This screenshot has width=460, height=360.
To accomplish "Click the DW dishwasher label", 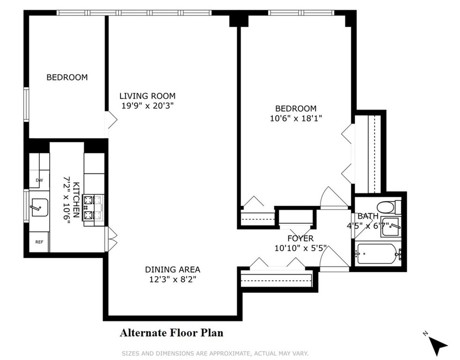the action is click(39, 180).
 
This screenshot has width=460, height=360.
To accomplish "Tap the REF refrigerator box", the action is click(39, 242).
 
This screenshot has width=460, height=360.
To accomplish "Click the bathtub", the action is click(377, 254).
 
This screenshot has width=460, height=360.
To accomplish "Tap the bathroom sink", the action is click(391, 227).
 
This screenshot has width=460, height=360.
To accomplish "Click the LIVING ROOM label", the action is click(147, 96).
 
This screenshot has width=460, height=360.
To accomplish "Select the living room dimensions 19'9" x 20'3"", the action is click(148, 106).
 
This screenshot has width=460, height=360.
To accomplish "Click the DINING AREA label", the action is click(172, 269).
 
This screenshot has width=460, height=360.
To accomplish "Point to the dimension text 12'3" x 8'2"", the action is click(172, 279).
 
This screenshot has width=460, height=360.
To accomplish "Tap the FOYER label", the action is click(300, 238).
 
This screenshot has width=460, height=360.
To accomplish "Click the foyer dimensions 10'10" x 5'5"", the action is click(300, 248).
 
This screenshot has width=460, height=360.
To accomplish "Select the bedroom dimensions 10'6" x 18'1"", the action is click(296, 118).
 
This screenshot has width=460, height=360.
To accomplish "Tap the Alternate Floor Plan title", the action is click(171, 333).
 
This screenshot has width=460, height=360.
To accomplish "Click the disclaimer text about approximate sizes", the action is click(215, 353).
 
